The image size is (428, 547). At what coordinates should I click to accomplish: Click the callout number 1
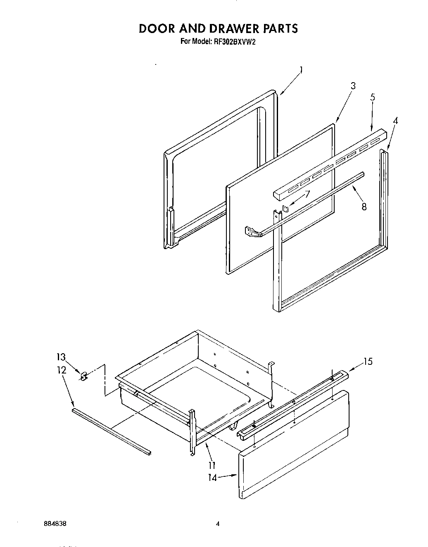click(301, 70)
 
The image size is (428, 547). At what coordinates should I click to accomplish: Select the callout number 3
click(353, 86)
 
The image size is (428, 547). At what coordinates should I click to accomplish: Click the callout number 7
click(307, 193)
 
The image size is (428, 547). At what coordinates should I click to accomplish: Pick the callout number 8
click(364, 207)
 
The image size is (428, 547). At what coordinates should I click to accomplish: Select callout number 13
click(61, 357)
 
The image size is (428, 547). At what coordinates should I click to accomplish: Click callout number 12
click(61, 370)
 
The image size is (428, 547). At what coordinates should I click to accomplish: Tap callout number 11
click(211, 464)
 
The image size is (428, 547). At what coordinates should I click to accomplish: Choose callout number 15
click(367, 361)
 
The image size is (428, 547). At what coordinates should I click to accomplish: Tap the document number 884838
click(55, 523)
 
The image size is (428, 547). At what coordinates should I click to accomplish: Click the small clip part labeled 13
click(83, 376)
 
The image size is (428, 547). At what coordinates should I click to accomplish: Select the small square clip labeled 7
click(285, 208)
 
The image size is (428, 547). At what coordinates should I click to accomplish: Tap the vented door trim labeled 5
click(331, 164)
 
